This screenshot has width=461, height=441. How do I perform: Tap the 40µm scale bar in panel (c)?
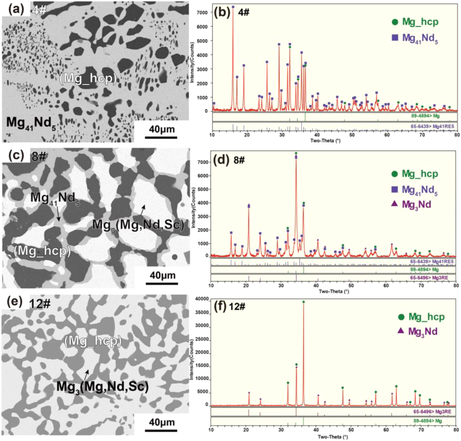point(162,283)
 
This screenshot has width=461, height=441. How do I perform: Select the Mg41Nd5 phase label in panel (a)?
point(31,123)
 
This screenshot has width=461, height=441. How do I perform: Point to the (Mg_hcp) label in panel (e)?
point(93,341)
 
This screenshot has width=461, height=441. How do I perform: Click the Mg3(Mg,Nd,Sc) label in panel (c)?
point(138,225)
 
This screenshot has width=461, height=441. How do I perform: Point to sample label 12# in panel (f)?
point(237,306)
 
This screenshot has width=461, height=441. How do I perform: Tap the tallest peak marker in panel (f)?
point(303,302)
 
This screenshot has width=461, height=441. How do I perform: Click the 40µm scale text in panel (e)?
point(162,422)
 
